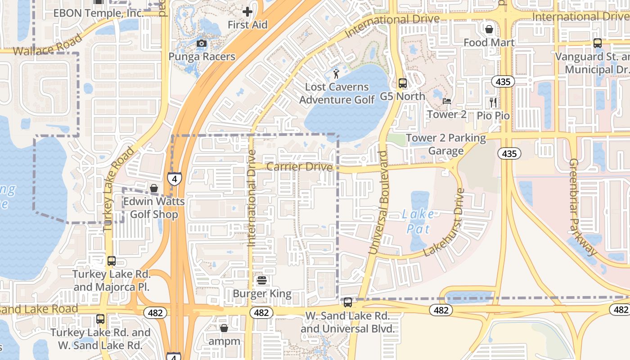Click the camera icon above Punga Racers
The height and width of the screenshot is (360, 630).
(x=202, y=43)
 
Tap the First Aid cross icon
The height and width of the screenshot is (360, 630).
(x=247, y=12)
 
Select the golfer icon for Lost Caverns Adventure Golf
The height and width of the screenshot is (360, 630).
(x=336, y=74)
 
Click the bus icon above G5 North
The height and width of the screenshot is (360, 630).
(x=403, y=83)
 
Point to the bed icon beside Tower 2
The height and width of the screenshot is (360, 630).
(x=447, y=101)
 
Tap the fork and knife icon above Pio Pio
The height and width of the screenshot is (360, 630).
(x=493, y=103)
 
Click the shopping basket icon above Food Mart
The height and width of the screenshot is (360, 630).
(x=489, y=29)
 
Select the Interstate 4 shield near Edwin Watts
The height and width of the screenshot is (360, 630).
(x=175, y=179)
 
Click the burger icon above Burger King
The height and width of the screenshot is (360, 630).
(x=262, y=281)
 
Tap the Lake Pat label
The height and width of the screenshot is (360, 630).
(x=418, y=221)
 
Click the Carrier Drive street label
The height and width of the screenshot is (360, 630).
(x=300, y=167)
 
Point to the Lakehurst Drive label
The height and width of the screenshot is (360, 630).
(x=444, y=222)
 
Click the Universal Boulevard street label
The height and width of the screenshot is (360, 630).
(x=378, y=202)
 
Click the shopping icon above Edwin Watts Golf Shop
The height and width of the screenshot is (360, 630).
(x=154, y=188)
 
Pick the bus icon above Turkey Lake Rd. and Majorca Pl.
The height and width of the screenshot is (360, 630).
(x=111, y=261)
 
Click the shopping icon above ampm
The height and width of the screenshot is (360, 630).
(x=224, y=328)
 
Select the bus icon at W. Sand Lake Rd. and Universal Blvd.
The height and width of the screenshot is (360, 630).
(x=347, y=303)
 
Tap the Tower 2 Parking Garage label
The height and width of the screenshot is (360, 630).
(x=446, y=144)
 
